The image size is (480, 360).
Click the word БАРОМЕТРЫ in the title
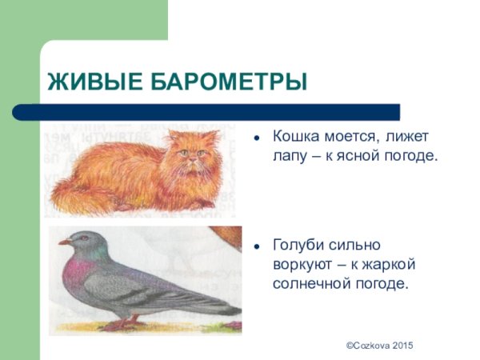pos(226,82)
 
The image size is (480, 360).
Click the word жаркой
pos(391,264)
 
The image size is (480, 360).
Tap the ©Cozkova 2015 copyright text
pos(379,343)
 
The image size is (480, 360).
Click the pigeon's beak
pos(64,241)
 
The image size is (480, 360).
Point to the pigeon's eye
pos(78,238)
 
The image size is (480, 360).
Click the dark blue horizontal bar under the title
pos(216,112)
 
